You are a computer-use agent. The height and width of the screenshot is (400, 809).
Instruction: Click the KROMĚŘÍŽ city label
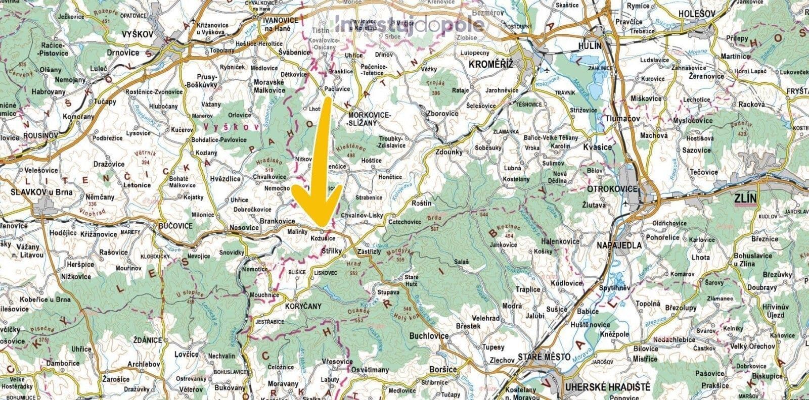pyautogui.click(x=490, y=65)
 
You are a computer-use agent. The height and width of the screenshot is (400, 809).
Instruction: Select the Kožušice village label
pyautogui.click(x=323, y=237)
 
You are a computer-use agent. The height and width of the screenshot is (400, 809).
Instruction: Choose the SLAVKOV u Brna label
pyautogui.click(x=41, y=192)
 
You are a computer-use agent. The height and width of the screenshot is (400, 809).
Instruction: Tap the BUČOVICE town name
pyautogui.click(x=175, y=226)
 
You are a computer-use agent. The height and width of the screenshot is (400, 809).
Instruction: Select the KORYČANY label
pyautogui.click(x=300, y=307)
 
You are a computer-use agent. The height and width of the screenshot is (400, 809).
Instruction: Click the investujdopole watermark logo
pyautogui.click(x=410, y=23)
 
